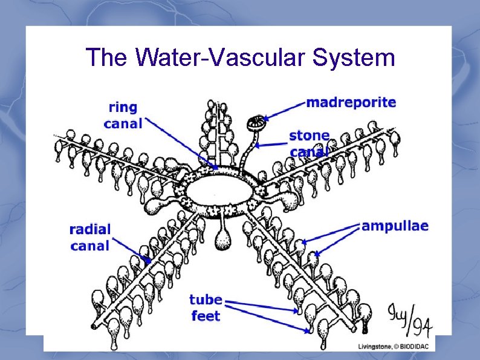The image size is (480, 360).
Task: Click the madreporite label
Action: pyautogui.click(x=351, y=102)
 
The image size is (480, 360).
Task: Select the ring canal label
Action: pyautogui.click(x=123, y=115)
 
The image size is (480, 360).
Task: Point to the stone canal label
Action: pyautogui.click(x=310, y=143)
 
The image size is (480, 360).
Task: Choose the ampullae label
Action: pyautogui.click(x=395, y=226)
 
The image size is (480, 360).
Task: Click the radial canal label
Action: pyautogui.click(x=90, y=237)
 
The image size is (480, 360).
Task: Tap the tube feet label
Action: pyautogui.click(x=206, y=307)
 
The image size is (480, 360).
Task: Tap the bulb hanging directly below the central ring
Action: pyautogui.click(x=224, y=237)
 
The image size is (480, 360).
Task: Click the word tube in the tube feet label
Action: pyautogui.click(x=206, y=300)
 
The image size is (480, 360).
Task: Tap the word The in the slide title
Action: pyautogui.click(x=108, y=57)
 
